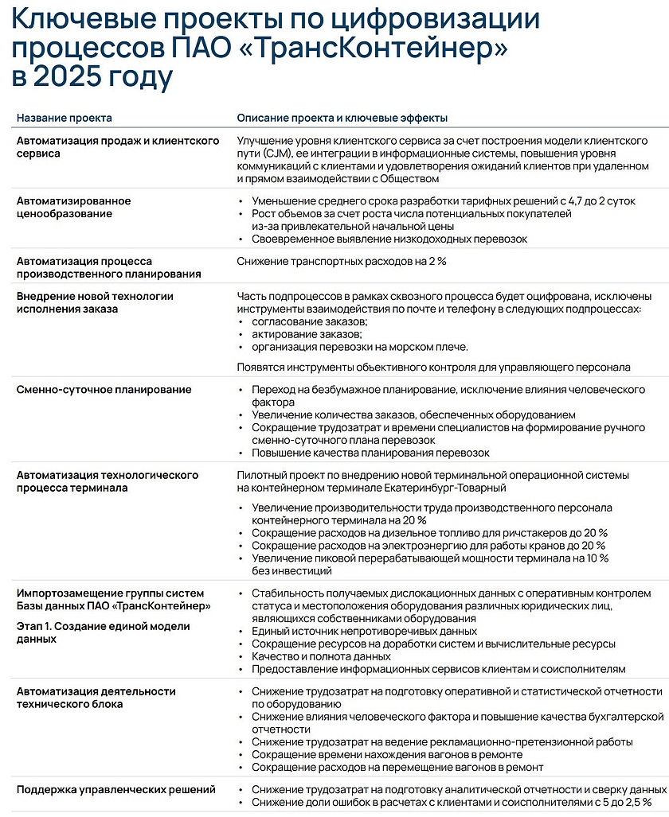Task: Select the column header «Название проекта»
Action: (x=65, y=118)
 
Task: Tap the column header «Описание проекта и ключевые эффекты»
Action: (x=342, y=118)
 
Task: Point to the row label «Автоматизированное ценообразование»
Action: (x=74, y=207)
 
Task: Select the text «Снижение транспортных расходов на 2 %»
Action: (x=342, y=261)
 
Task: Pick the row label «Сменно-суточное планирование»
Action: (x=104, y=390)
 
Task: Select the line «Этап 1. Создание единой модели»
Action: (x=104, y=626)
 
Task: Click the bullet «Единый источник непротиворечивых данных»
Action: (x=364, y=631)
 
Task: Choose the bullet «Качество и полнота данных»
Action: (x=321, y=656)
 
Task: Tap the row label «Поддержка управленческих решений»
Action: (x=116, y=790)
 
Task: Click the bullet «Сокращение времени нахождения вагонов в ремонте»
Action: (x=387, y=754)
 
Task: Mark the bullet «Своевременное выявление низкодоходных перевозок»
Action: (x=389, y=239)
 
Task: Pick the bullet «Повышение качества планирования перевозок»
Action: (x=370, y=453)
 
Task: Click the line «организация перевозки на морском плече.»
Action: (x=360, y=347)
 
